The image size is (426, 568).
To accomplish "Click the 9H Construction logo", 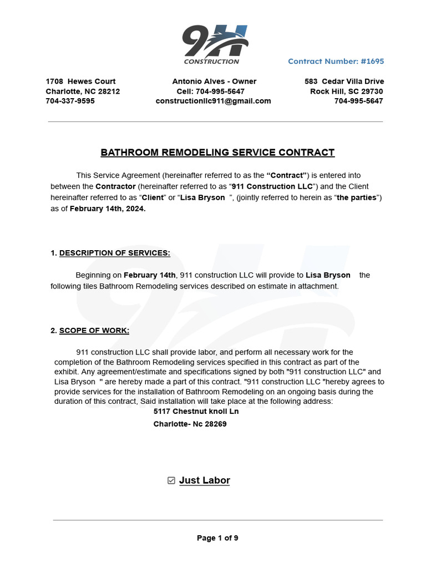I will point(215,45).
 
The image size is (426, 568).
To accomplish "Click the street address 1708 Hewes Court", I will point(80,82).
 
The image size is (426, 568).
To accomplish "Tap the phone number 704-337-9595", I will point(70,101).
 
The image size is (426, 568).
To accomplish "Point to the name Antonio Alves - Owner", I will point(214,82).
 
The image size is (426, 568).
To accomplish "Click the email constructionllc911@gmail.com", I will point(213,101).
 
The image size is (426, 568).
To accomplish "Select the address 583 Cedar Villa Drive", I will point(344,82).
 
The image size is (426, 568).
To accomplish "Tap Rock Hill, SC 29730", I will point(346,92).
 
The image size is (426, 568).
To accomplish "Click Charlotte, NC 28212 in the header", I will point(83,92).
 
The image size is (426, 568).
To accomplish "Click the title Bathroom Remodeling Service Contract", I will point(217,153).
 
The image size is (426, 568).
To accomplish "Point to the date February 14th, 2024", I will point(108,209).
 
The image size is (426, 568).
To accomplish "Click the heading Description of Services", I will point(115,253).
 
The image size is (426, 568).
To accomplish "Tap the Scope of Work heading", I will point(94,331).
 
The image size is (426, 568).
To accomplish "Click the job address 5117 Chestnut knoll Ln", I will point(196,412).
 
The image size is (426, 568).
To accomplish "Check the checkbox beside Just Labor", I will point(171,480).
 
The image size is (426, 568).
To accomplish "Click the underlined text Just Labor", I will point(204,480).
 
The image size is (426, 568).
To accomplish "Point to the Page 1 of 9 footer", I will point(217,538).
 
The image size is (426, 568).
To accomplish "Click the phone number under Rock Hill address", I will point(358,101).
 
